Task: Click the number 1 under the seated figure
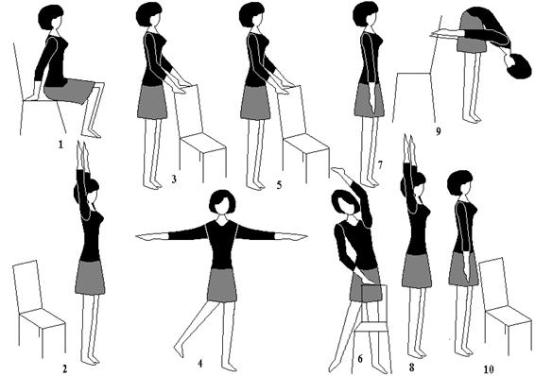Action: [x=60, y=145]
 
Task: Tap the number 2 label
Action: [x=64, y=368]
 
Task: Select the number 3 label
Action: [x=174, y=179]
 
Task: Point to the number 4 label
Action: [x=200, y=364]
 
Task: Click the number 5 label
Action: [x=279, y=185]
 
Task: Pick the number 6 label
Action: [x=360, y=359]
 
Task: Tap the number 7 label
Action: [x=380, y=165]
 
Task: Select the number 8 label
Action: [x=411, y=367]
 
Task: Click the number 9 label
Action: [x=439, y=131]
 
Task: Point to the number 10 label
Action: [x=489, y=369]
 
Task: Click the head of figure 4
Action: [x=222, y=202]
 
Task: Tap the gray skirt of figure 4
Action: [x=222, y=285]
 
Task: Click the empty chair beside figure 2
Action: [x=39, y=309]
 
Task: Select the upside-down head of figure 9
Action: [x=518, y=66]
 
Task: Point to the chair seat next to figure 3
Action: [x=203, y=143]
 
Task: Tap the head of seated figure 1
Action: [x=51, y=17]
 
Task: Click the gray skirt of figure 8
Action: [x=416, y=271]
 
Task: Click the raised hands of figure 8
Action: [x=409, y=146]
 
